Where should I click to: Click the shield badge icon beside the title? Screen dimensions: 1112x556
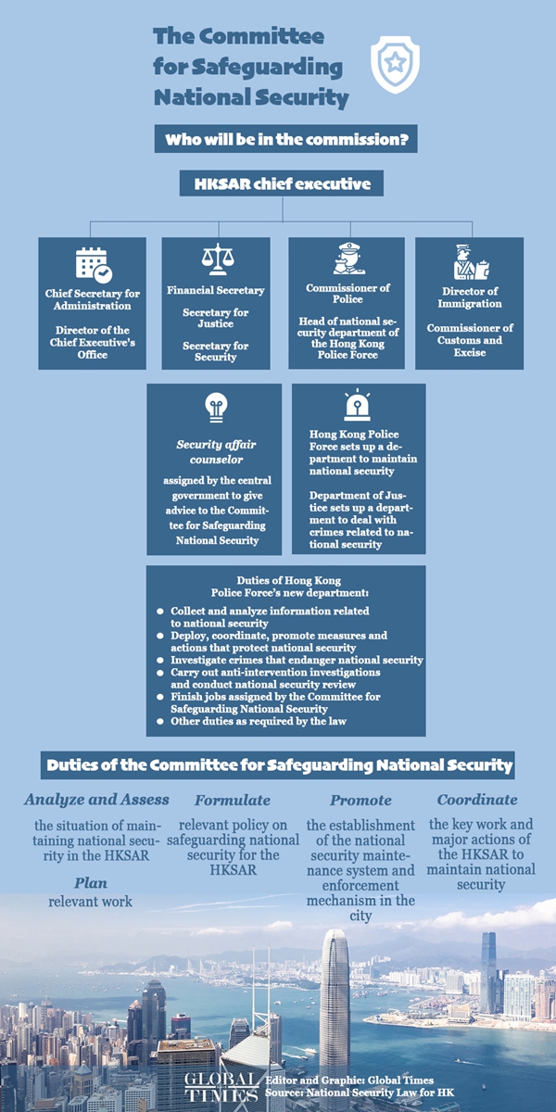[x=395, y=64]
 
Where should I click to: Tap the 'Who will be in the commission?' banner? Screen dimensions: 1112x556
[x=285, y=140]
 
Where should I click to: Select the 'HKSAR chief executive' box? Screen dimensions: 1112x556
[x=282, y=183]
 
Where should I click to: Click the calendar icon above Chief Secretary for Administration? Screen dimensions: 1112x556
[x=93, y=265]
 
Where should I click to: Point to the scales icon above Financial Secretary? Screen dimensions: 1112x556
[x=215, y=259]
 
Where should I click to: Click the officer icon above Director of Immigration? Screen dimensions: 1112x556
[x=470, y=262]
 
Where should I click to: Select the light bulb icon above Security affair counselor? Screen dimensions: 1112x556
[x=215, y=407]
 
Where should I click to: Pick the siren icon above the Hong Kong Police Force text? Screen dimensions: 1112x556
[x=358, y=406]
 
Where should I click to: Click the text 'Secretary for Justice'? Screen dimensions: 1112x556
[x=215, y=318]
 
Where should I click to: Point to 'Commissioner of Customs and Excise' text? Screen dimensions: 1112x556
[x=470, y=339]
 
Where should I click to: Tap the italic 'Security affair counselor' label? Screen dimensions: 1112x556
[x=215, y=451]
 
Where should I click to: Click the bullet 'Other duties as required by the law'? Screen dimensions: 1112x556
[x=258, y=720]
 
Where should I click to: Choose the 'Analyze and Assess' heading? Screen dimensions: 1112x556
[x=96, y=799]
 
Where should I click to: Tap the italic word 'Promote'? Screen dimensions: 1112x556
[x=360, y=800]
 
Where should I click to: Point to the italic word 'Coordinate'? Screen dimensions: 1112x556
[x=477, y=799]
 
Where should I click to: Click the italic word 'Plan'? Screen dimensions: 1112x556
[x=91, y=882]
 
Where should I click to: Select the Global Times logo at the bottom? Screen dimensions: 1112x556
[x=220, y=1086]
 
